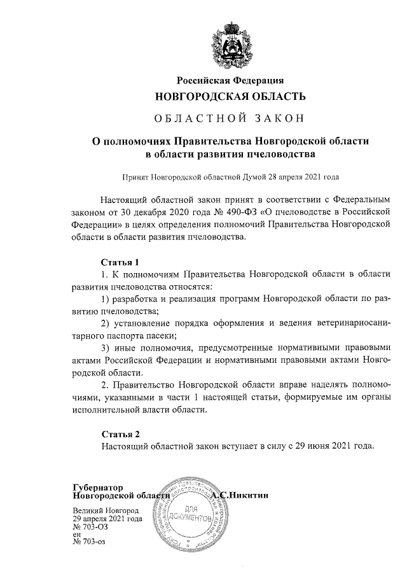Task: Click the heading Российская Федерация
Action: tap(230, 80)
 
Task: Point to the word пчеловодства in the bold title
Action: tap(277, 154)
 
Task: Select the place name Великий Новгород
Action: tap(106, 510)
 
